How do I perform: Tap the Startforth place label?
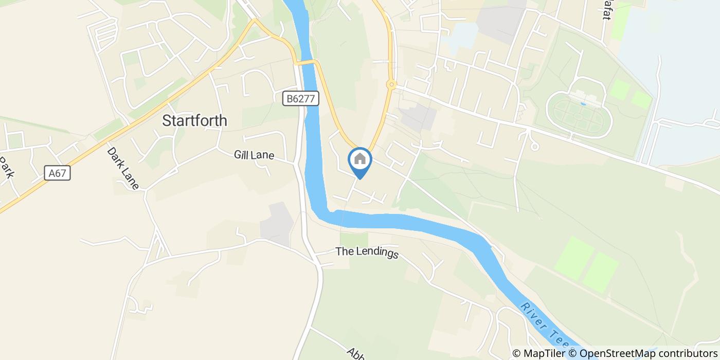pos(194,120)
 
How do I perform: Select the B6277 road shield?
pos(301,99)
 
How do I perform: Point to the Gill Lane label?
pos(254,155)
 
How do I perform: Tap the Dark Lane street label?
pos(123,168)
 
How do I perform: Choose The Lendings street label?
pos(367,253)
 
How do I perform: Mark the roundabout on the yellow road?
pos(391,84)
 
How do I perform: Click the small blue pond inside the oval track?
pos(583,104)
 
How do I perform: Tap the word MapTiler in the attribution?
pos(545,353)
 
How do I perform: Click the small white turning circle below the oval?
pos(535,147)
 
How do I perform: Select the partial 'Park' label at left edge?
pos(6,167)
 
